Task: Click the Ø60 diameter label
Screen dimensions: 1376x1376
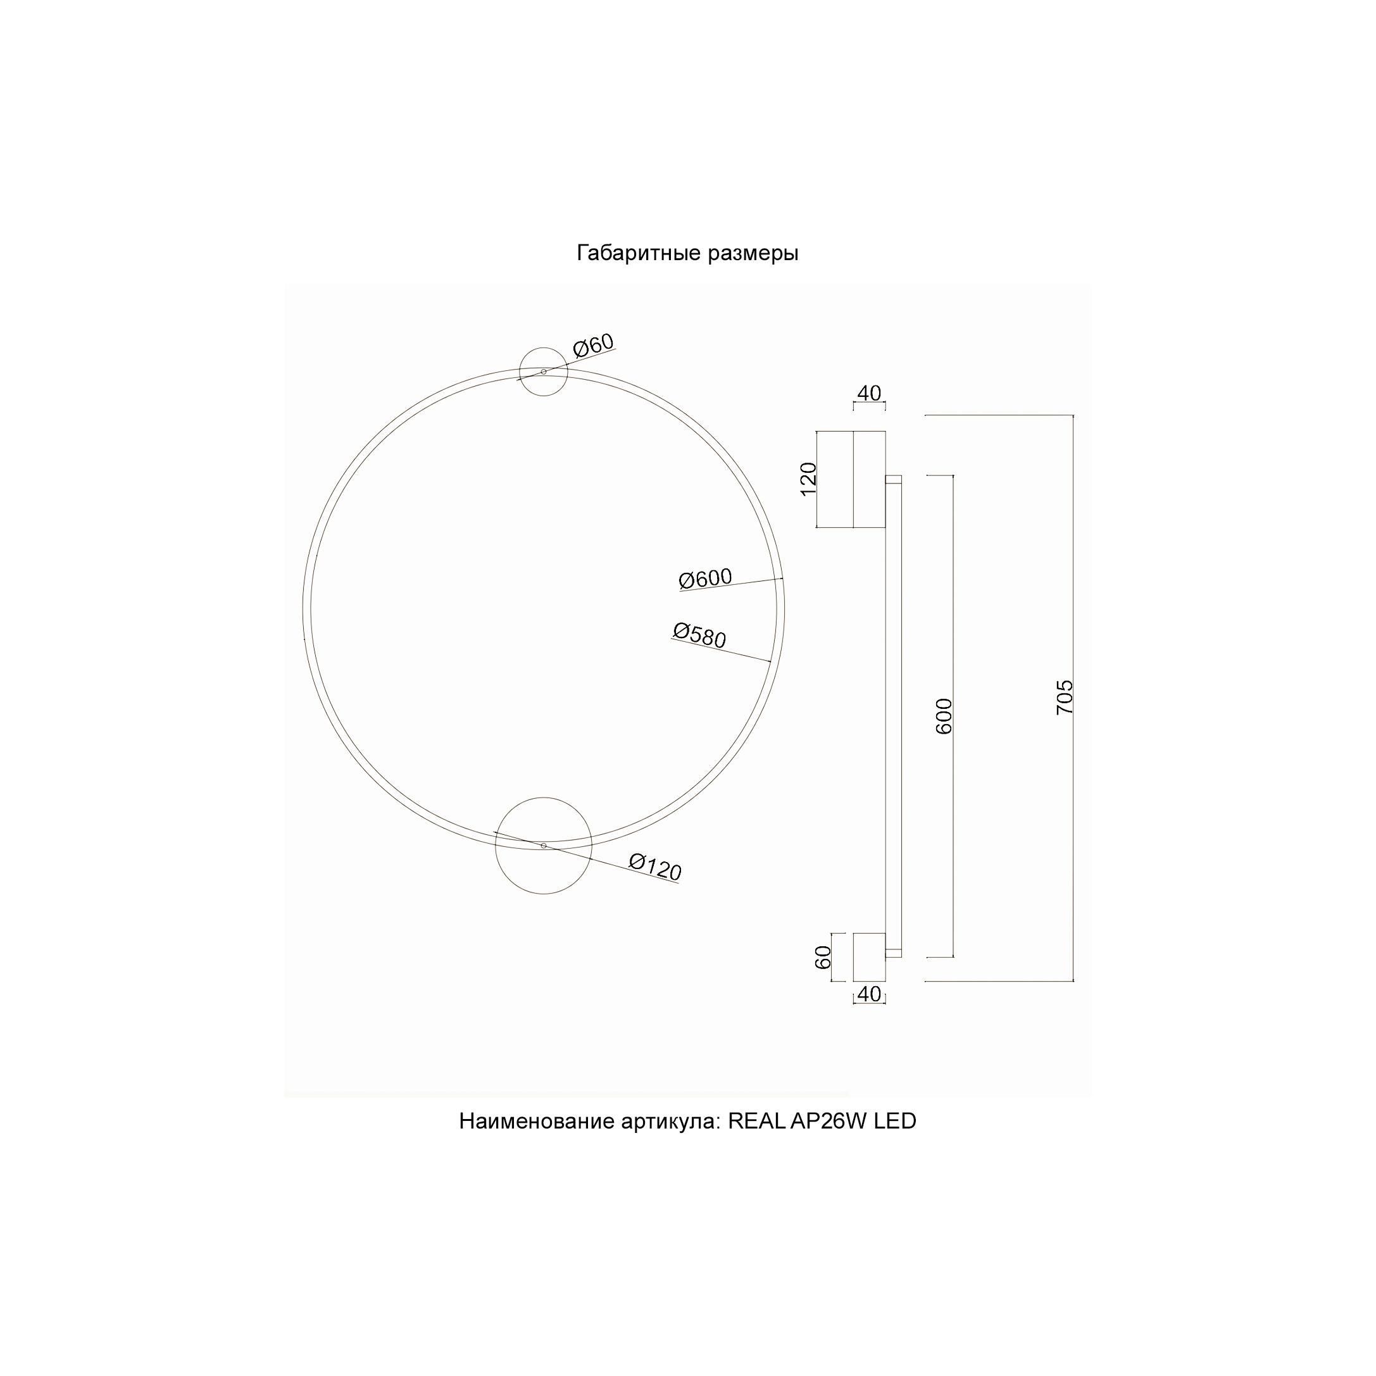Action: [x=593, y=346]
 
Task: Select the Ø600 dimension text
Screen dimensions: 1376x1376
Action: [x=705, y=579]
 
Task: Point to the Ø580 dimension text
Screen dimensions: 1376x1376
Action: [x=699, y=635]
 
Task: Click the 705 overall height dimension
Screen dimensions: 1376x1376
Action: [x=1064, y=697]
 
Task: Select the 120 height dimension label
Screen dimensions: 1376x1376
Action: [x=808, y=478]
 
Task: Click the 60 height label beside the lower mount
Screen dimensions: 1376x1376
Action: [x=823, y=956]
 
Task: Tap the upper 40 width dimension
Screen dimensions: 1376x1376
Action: [x=869, y=393]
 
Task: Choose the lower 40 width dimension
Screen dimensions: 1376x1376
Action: [x=869, y=994]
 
